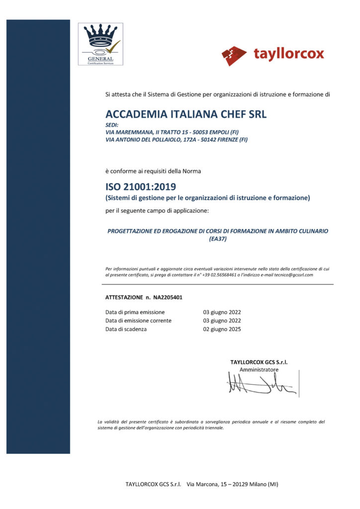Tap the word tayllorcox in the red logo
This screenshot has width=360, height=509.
(x=288, y=54)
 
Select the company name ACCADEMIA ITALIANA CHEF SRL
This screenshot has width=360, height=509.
(x=186, y=114)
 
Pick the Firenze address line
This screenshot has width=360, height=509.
(x=177, y=140)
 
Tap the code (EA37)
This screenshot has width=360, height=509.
(x=218, y=239)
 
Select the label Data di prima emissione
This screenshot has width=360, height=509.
(x=135, y=312)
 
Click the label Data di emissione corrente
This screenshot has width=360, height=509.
(x=138, y=321)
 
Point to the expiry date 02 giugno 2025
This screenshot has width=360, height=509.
(x=222, y=329)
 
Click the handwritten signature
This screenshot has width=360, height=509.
(x=261, y=385)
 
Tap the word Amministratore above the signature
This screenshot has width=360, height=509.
(x=259, y=370)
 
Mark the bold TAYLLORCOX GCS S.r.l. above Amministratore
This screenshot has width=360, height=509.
(x=259, y=362)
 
